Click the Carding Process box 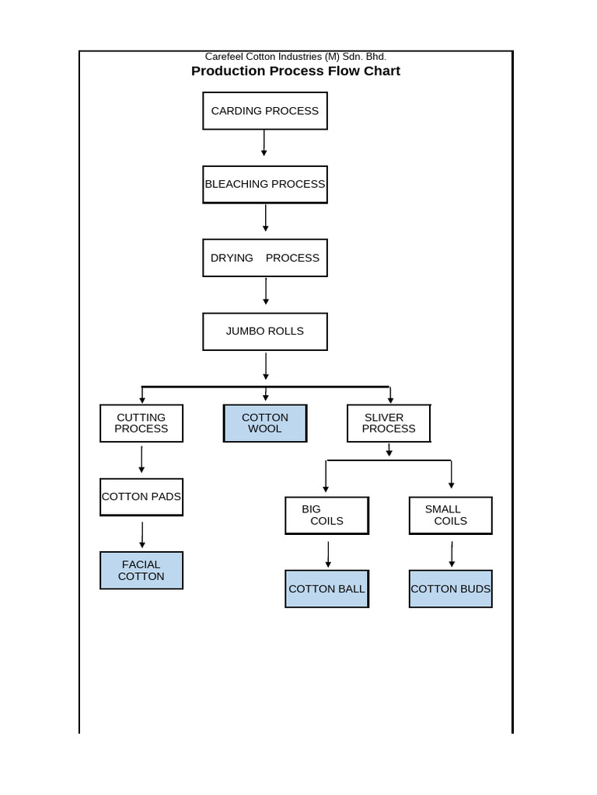(265, 111)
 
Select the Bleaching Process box (265, 185)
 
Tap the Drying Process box (265, 258)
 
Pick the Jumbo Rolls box (265, 332)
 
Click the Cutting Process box (141, 423)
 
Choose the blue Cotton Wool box (265, 423)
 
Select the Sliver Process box (389, 423)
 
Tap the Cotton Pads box (141, 497)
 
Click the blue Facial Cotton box (141, 571)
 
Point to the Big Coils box (326, 516)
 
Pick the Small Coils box (451, 516)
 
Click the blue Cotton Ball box (326, 589)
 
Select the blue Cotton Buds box (451, 589)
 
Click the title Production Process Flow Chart (295, 71)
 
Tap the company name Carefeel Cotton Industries (295, 57)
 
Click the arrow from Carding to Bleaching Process (264, 143)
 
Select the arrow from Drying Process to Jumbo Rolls (266, 291)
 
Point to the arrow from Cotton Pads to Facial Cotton (142, 535)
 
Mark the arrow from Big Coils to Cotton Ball (328, 554)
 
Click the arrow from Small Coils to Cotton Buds (452, 554)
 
